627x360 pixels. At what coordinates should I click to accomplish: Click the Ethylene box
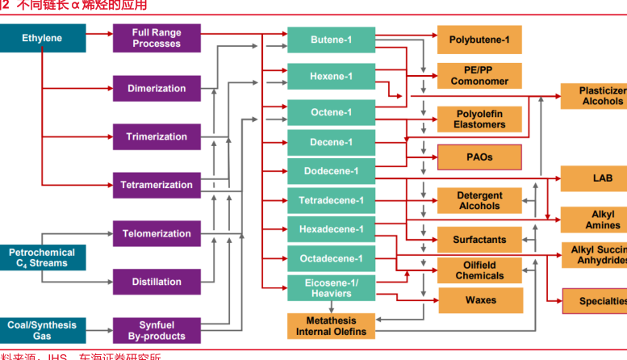pyautogui.click(x=42, y=39)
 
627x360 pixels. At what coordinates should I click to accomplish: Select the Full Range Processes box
pyautogui.click(x=157, y=39)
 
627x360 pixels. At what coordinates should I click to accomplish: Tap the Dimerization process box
pyautogui.click(x=157, y=89)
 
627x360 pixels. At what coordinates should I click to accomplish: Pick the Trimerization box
pyautogui.click(x=157, y=137)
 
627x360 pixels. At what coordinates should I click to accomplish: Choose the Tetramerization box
pyautogui.click(x=157, y=186)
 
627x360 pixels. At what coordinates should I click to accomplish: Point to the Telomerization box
pyautogui.click(x=157, y=234)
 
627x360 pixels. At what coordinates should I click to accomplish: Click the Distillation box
pyautogui.click(x=157, y=283)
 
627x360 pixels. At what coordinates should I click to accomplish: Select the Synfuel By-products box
pyautogui.click(x=157, y=331)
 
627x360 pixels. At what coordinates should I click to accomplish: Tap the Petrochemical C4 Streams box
pyautogui.click(x=42, y=258)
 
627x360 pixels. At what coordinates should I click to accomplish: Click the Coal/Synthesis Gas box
pyautogui.click(x=42, y=331)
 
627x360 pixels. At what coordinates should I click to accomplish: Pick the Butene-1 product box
pyautogui.click(x=332, y=40)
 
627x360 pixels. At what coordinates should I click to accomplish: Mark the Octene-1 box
pyautogui.click(x=332, y=113)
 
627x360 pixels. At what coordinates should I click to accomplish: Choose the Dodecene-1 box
pyautogui.click(x=332, y=171)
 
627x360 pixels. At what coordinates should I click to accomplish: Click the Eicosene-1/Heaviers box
pyautogui.click(x=332, y=288)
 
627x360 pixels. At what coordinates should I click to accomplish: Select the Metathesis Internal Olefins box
pyautogui.click(x=332, y=326)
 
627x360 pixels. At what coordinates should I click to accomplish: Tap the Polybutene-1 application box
pyautogui.click(x=479, y=40)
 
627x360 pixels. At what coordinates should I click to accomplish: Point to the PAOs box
pyautogui.click(x=479, y=157)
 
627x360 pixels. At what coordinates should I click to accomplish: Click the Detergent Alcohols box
pyautogui.click(x=479, y=201)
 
